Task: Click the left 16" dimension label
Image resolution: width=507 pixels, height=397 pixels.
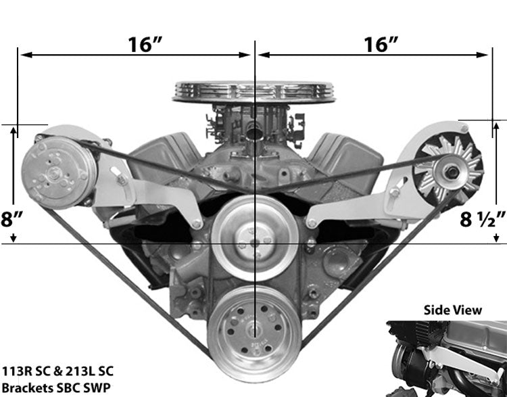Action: (x=145, y=45)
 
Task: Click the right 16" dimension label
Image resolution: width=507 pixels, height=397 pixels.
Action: (x=381, y=45)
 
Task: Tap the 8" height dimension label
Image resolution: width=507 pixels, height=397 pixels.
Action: (x=12, y=219)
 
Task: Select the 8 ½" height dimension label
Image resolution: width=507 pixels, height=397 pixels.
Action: (x=482, y=219)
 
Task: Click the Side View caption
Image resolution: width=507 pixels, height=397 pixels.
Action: (x=453, y=310)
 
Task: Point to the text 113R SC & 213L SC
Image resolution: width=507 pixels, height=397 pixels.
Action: (x=58, y=371)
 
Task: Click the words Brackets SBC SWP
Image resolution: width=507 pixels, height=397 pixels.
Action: (x=56, y=388)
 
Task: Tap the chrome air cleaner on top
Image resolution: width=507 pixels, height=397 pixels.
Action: (x=254, y=92)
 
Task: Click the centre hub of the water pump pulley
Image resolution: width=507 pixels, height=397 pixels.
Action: (x=254, y=239)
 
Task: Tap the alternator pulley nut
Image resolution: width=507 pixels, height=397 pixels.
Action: (x=450, y=172)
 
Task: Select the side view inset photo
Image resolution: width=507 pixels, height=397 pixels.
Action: (x=447, y=359)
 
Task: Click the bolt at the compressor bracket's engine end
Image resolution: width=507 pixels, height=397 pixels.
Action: (x=196, y=224)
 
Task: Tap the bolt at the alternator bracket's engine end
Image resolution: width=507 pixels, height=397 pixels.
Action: (x=312, y=223)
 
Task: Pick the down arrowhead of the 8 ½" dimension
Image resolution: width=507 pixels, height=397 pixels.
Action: (x=496, y=239)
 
